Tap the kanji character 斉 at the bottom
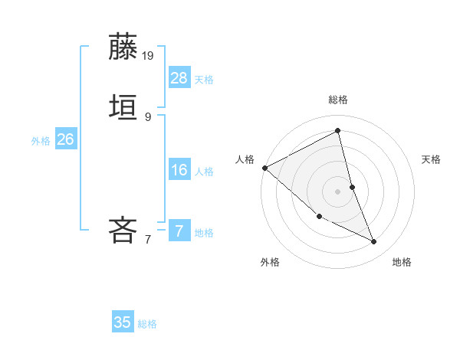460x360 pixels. tap(123, 230)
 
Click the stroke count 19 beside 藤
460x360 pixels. tap(149, 55)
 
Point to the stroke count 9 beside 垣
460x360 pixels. tap(148, 116)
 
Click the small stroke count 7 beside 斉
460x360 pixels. tap(148, 239)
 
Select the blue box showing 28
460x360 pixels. tap(179, 77)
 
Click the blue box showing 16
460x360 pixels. tap(179, 169)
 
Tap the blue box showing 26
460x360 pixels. tap(65, 139)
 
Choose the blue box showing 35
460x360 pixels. tap(123, 322)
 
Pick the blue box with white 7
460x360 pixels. tap(179, 231)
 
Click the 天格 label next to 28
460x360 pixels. tap(204, 80)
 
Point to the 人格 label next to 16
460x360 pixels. tap(204, 172)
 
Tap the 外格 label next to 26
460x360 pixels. tap(41, 141)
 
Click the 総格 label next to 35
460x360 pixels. tap(147, 324)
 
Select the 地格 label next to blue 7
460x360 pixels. tap(204, 233)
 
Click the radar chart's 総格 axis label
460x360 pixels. tap(338, 100)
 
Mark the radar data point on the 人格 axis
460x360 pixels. tap(264, 168)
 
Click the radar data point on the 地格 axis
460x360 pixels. tap(374, 242)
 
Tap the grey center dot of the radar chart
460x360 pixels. tap(338, 191)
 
